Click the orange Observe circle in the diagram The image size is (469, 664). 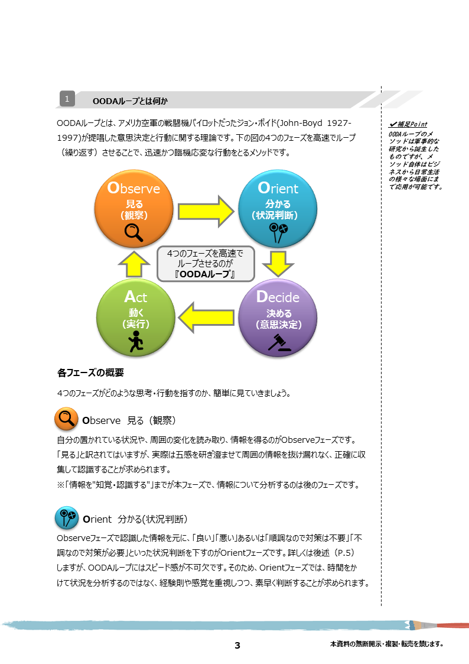(133, 209)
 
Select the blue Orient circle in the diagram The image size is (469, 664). (278, 209)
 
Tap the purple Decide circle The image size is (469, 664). (278, 318)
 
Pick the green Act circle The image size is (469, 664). (136, 318)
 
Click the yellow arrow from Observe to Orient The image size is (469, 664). (206, 211)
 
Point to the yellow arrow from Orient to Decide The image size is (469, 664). (278, 264)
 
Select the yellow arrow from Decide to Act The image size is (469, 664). (206, 318)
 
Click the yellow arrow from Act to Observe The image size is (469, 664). (134, 264)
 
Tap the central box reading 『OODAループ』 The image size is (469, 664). (206, 264)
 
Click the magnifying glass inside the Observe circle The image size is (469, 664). (133, 232)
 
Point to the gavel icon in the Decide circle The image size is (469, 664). (279, 342)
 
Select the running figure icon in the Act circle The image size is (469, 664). (136, 341)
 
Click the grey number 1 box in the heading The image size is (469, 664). (67, 99)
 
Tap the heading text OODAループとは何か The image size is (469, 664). (131, 101)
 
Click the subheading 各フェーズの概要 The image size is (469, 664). (90, 373)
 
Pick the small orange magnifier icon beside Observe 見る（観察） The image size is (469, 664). (66, 419)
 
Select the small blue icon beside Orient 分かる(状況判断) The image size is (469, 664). (67, 517)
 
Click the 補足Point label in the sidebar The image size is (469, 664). (409, 124)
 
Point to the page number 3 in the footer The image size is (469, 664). (237, 645)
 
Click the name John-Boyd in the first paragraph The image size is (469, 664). (301, 123)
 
